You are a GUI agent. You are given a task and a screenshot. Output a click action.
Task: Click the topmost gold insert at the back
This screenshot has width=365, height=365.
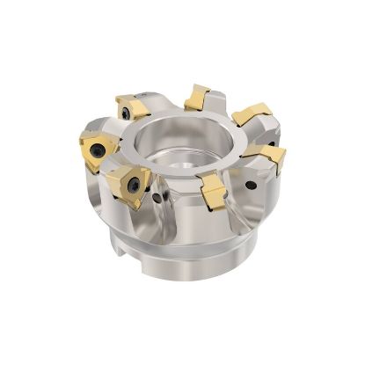point(197,97)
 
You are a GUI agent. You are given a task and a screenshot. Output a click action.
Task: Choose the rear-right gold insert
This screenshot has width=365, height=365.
point(250,114)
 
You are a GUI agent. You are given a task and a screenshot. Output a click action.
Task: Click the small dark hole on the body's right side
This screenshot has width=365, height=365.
point(253,186)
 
